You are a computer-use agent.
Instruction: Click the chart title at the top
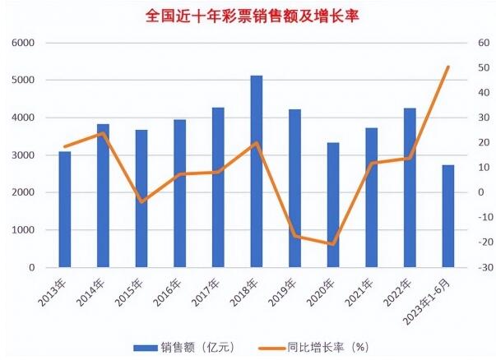coord(248,15)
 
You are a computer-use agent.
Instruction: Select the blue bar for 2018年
coord(257,172)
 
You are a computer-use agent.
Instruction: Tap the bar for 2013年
coord(65,210)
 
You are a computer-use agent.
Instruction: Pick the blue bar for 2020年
coord(333,205)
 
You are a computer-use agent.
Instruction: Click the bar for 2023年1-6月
coord(448,216)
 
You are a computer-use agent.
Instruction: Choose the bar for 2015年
coord(141,199)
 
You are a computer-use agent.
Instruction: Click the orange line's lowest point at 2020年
coord(333,244)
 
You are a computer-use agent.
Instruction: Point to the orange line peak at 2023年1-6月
coord(448,67)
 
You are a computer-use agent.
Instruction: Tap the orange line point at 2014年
coord(103,133)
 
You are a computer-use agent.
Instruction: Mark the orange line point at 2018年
coord(257,143)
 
